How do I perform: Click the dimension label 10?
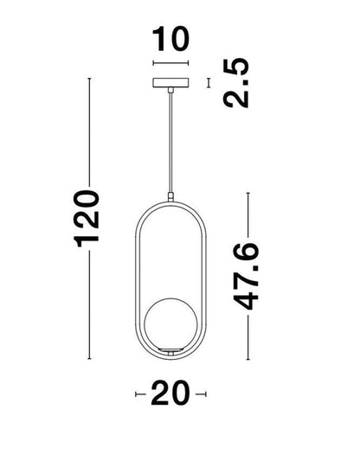pyautogui.click(x=171, y=39)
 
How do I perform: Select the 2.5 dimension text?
pyautogui.click(x=236, y=82)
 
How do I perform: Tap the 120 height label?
pyautogui.click(x=87, y=219)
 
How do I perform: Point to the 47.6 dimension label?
pyautogui.click(x=246, y=276)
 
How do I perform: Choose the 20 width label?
pyautogui.click(x=170, y=393)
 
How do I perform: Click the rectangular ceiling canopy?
pyautogui.click(x=171, y=83)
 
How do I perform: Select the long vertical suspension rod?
pyautogui.click(x=171, y=143)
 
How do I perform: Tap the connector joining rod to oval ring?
pyautogui.click(x=171, y=197)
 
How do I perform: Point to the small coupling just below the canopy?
pyautogui.click(x=171, y=90)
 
